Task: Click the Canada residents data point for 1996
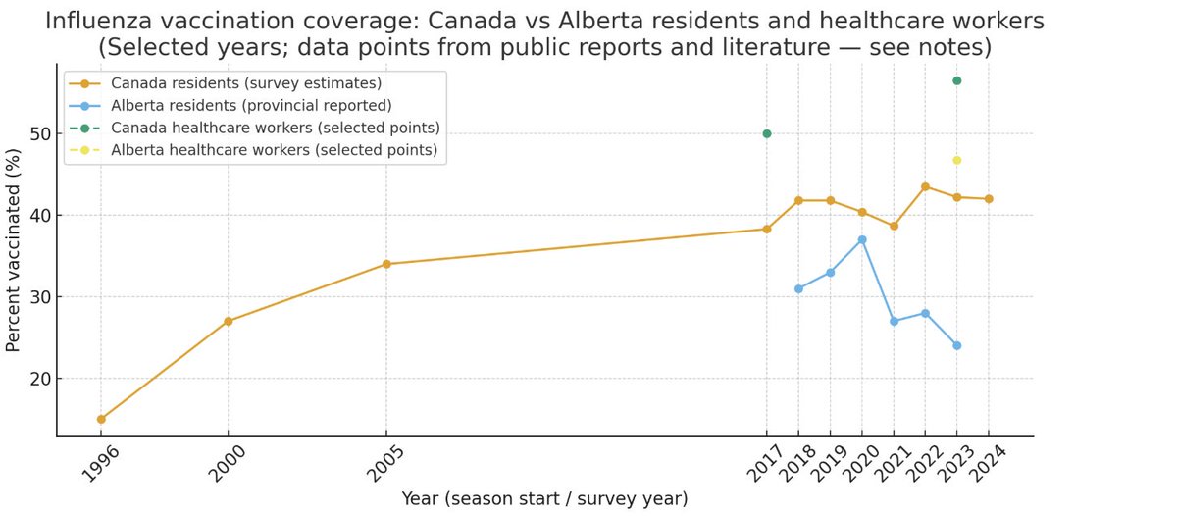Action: pyautogui.click(x=101, y=419)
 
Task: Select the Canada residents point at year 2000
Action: pyautogui.click(x=228, y=321)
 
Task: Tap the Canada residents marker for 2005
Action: pyautogui.click(x=386, y=264)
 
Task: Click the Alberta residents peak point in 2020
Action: pyautogui.click(x=862, y=239)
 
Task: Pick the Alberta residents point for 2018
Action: pyautogui.click(x=798, y=288)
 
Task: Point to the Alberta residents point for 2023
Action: pyautogui.click(x=956, y=345)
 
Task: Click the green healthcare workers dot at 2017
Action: pyautogui.click(x=767, y=133)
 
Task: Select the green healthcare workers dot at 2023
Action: pyautogui.click(x=956, y=80)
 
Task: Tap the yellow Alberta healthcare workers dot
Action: pyautogui.click(x=956, y=160)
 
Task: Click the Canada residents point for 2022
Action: pyautogui.click(x=925, y=186)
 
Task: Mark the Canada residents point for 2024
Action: pyautogui.click(x=988, y=199)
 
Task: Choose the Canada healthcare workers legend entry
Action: pyautogui.click(x=275, y=128)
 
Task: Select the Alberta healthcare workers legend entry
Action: pyautogui.click(x=274, y=150)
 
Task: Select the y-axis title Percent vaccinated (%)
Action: pyautogui.click(x=14, y=249)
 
